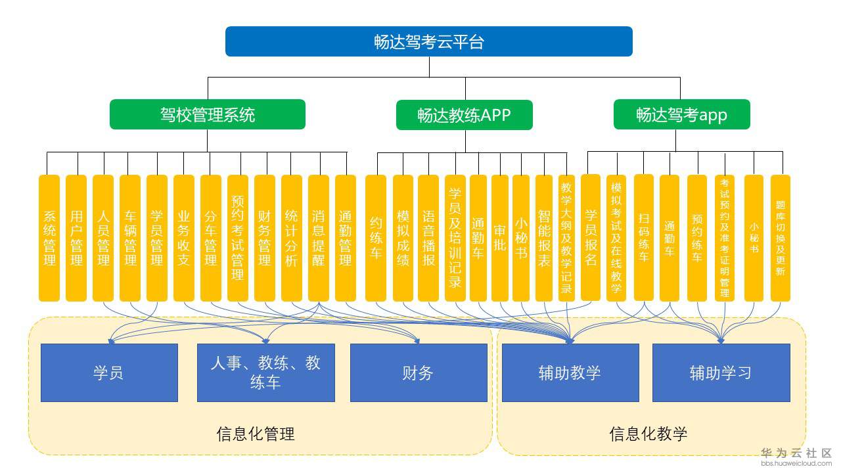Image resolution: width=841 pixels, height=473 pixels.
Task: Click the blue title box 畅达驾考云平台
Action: coord(428,41)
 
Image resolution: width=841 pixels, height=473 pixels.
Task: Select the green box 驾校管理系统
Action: coord(207,114)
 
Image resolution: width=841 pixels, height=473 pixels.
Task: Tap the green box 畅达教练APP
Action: coord(464,115)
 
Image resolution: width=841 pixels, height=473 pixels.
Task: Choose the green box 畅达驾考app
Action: coord(681,114)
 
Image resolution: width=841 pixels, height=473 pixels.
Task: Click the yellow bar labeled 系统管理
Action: coord(49,238)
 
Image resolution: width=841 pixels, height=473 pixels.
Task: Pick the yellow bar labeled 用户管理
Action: coord(76,238)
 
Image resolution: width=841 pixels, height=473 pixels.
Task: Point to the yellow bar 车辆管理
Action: coord(130,238)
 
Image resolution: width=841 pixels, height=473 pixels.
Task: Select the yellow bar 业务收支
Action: coord(184,238)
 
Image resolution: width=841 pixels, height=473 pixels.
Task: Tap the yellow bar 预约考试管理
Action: coord(238,238)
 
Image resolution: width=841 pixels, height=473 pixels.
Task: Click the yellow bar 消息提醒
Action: coord(319,238)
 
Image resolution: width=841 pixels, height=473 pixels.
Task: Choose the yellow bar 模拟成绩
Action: coord(403,238)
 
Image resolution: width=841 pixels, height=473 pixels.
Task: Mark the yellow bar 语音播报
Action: coord(428,238)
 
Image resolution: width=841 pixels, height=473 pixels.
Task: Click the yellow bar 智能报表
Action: coord(544,238)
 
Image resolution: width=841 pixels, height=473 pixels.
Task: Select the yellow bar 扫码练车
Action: coord(644,238)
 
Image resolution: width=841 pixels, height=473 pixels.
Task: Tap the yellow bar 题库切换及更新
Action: coord(780,238)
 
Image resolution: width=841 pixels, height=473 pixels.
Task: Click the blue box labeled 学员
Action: coord(109,372)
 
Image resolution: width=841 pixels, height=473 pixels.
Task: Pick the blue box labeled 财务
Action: coord(418,372)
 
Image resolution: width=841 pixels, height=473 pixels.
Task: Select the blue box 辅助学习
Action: coord(720,372)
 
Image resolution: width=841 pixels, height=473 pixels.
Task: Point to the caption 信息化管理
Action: coord(256,434)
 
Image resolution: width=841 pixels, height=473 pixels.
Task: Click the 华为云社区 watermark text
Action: coord(796,453)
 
